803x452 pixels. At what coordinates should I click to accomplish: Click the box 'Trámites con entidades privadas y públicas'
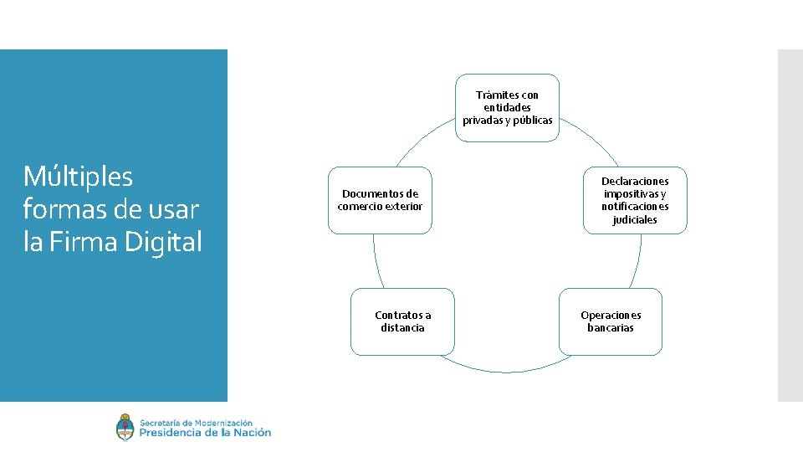point(507,107)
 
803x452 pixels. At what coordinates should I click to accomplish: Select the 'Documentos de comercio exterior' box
point(381,200)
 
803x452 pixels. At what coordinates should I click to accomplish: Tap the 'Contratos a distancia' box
point(402,321)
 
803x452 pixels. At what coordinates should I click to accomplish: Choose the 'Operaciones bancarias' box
point(611,321)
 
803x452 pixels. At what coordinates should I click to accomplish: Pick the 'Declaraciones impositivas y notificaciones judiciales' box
point(635,200)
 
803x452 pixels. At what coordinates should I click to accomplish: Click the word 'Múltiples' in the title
point(78,177)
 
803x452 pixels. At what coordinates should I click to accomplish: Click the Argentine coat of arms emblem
point(125,428)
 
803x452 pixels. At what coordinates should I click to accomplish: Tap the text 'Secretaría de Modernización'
point(196,423)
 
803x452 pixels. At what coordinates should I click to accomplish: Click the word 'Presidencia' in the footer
point(170,433)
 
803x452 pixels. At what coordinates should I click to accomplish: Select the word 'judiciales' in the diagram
point(635,220)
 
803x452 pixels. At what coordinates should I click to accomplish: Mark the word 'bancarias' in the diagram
point(611,328)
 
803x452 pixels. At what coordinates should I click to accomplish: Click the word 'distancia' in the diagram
point(402,328)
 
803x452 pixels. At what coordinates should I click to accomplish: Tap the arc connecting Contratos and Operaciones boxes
point(507,371)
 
